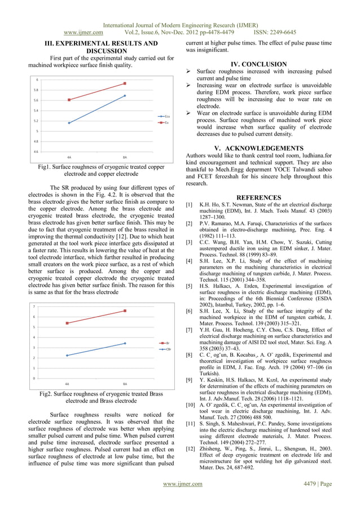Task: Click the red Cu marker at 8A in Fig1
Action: (x=125, y=84)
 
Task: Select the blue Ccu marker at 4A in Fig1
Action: (x=69, y=123)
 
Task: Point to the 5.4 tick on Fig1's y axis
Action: (x=37, y=110)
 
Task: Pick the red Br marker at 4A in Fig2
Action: (x=67, y=323)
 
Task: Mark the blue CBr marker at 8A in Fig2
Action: (x=125, y=343)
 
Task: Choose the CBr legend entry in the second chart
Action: (x=166, y=349)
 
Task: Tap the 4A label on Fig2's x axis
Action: (x=67, y=384)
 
